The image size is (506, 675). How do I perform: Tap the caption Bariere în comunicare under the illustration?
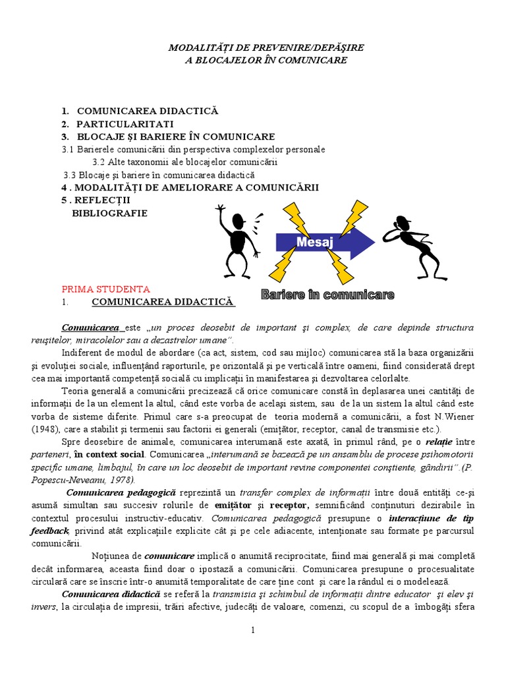(327, 295)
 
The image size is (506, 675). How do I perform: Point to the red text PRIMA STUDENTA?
(105, 289)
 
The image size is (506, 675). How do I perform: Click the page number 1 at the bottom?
(252, 631)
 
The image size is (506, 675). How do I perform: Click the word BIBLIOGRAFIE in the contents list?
(109, 213)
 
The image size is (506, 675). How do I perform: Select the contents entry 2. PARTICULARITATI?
(118, 124)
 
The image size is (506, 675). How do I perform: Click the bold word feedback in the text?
(50, 531)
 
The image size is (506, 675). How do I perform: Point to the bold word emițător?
(235, 506)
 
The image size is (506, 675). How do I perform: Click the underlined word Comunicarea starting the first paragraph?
(91, 328)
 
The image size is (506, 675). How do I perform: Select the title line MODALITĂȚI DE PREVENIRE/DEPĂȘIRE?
(266, 48)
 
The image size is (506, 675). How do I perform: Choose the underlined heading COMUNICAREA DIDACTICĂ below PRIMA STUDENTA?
(163, 302)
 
